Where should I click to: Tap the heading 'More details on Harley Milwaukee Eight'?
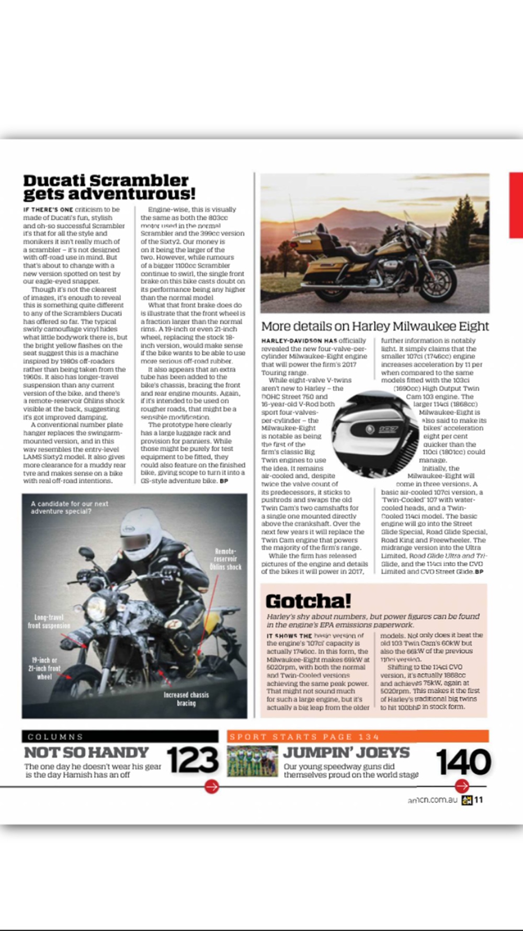click(x=375, y=326)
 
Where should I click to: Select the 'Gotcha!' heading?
click(x=308, y=601)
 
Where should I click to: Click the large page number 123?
click(x=192, y=760)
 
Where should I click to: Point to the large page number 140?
click(x=463, y=761)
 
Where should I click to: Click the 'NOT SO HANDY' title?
click(x=87, y=752)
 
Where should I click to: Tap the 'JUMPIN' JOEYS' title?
click(x=346, y=752)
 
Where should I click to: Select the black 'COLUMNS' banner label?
click(x=55, y=737)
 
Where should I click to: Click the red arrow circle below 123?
click(x=211, y=786)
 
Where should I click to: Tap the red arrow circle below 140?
click(x=462, y=786)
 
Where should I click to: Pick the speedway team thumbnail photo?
click(x=252, y=761)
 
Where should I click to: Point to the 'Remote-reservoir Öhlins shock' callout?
click(x=225, y=559)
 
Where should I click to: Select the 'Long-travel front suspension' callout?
click(x=49, y=622)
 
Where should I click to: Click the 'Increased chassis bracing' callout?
click(x=186, y=699)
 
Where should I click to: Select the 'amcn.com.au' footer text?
click(x=433, y=800)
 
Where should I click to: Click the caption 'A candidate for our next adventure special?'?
click(x=70, y=507)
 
